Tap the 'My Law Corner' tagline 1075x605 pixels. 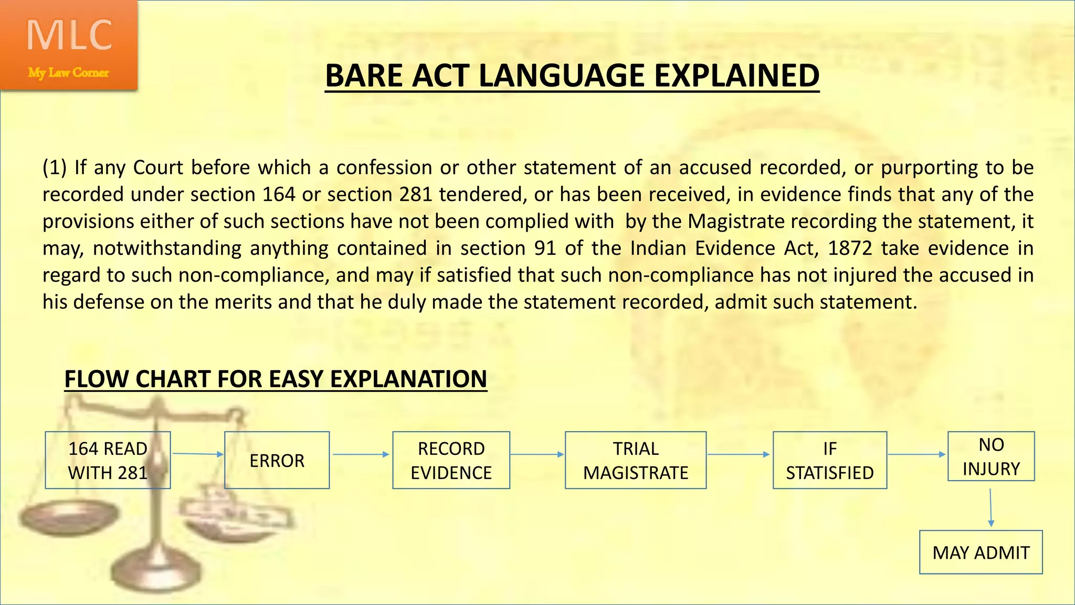point(68,72)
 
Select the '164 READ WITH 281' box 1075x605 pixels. point(108,460)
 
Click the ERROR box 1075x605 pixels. point(277,460)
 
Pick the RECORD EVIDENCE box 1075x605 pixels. point(451,460)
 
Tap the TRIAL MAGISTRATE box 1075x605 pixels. point(635,460)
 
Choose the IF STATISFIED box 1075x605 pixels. point(829,460)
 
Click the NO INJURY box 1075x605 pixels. point(991,456)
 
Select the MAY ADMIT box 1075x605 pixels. point(981,552)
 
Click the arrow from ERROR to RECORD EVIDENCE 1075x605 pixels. point(361,454)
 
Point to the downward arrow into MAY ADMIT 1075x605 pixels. point(990,507)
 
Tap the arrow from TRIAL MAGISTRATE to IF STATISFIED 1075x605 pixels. point(739,454)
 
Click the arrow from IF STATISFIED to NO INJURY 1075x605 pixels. point(916,454)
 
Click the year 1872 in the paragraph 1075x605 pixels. point(850,248)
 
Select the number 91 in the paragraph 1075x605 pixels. point(545,248)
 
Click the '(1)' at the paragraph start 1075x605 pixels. point(54,168)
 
